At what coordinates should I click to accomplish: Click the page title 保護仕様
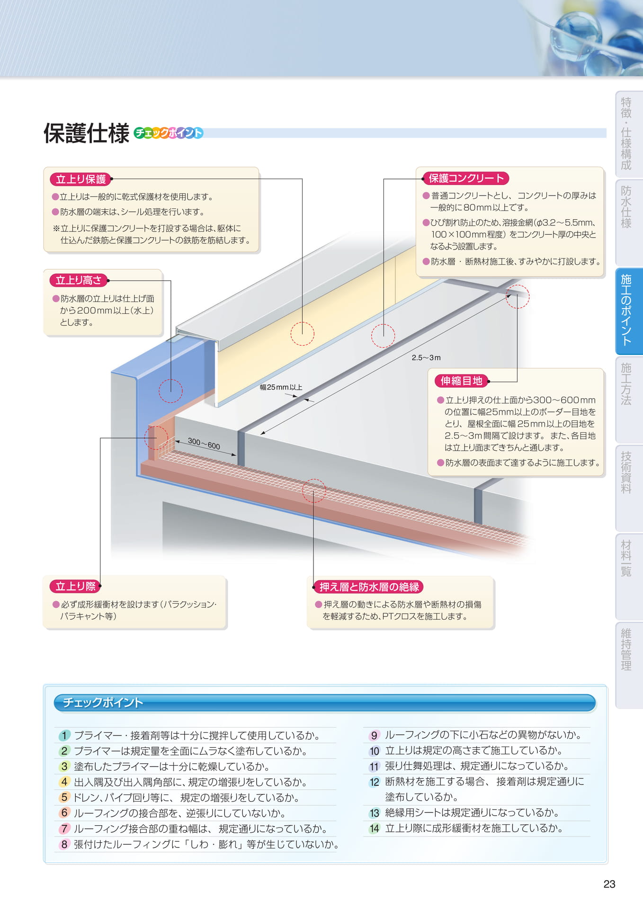point(86,133)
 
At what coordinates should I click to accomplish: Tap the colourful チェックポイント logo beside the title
point(169,133)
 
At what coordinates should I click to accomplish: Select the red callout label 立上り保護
point(80,179)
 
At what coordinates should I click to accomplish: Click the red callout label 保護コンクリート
point(466,178)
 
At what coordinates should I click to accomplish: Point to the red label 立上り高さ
point(79,280)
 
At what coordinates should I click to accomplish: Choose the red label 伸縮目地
point(461,381)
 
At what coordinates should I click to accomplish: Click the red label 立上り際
point(75,586)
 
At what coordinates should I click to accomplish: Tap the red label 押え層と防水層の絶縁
point(369,587)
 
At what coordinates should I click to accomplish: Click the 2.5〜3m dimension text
point(426,357)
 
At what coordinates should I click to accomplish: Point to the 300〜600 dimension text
point(204,444)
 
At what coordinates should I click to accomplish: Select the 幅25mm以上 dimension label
point(281,387)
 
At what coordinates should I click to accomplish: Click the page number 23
point(609,884)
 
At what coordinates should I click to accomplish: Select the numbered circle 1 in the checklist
point(64,735)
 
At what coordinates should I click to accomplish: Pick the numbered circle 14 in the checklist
point(375,828)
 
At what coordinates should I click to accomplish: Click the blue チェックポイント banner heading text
point(103,703)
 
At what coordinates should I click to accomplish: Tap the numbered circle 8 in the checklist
point(64,844)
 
